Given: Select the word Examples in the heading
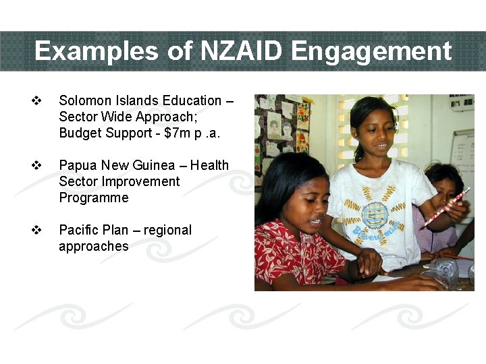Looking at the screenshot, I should [x=99, y=51].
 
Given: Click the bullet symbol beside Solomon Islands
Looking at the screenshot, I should [x=37, y=101].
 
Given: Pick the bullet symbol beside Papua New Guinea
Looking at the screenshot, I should [x=37, y=166].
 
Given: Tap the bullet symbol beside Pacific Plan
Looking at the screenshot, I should [x=37, y=231].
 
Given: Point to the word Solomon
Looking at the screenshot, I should [x=84, y=101].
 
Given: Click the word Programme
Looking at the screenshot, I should [x=93, y=198].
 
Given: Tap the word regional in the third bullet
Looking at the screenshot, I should [x=165, y=231].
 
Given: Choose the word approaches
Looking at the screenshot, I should [x=93, y=247].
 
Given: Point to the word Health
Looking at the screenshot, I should [x=209, y=166].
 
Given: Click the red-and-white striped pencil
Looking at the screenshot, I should [x=443, y=208].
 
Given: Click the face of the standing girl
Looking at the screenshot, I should [x=373, y=131].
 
